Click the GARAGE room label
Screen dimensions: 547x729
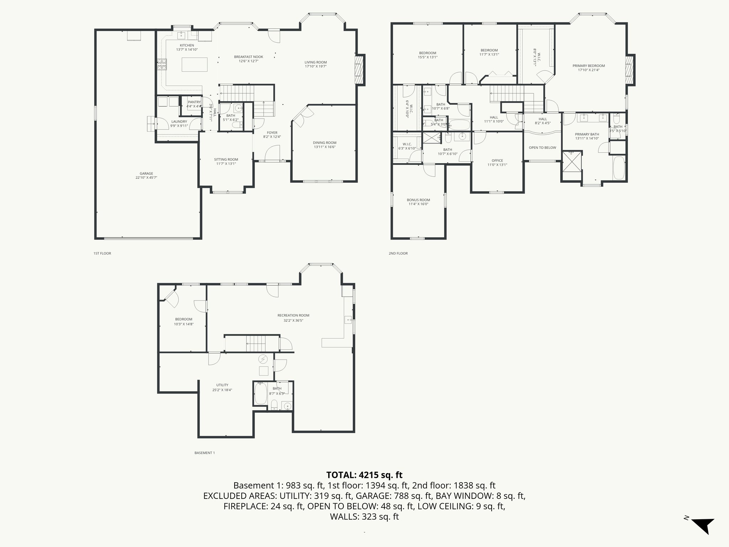(x=146, y=174)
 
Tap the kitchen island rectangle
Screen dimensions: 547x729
(x=194, y=64)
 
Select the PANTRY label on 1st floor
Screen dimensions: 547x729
(x=194, y=102)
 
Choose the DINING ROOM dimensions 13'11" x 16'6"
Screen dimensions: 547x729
(x=325, y=147)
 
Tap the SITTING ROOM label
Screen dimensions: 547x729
(x=226, y=160)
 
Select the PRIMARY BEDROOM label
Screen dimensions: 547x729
(x=588, y=66)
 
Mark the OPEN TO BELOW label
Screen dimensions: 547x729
(x=542, y=148)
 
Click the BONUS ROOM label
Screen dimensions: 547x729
(x=418, y=200)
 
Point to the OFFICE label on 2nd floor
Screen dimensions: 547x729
(x=497, y=161)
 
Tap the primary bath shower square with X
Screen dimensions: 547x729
(x=572, y=166)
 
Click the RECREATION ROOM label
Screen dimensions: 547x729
(x=293, y=316)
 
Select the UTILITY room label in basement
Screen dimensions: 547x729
(x=222, y=385)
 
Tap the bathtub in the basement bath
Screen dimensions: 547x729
(x=261, y=393)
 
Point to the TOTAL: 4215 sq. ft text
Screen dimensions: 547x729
(x=364, y=475)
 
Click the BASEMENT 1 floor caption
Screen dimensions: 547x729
(x=205, y=453)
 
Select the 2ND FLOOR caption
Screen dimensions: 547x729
(x=398, y=254)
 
